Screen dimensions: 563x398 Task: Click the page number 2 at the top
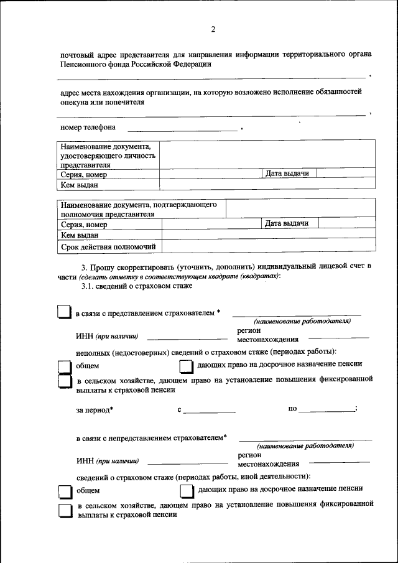click(213, 29)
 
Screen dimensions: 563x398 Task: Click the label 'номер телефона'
click(88, 128)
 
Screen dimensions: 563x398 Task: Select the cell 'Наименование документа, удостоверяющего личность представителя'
click(108, 156)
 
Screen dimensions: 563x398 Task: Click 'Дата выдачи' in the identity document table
click(287, 174)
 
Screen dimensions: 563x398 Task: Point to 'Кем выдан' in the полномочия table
click(80, 235)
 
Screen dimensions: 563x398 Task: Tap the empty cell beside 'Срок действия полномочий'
click(268, 247)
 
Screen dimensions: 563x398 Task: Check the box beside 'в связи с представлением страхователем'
click(65, 312)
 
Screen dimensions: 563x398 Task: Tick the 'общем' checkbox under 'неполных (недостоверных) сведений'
click(65, 367)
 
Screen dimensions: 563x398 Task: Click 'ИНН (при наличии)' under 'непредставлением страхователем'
click(108, 461)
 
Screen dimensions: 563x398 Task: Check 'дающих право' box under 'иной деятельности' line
click(187, 492)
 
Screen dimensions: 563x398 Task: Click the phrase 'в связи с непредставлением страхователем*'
click(151, 438)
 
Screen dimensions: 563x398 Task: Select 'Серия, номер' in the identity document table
click(84, 175)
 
